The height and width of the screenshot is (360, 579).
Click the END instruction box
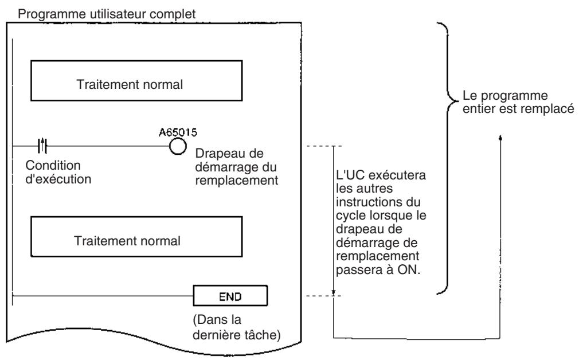click(230, 295)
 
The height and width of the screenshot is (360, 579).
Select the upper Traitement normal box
click(136, 80)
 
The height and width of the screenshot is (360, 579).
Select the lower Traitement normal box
click(136, 237)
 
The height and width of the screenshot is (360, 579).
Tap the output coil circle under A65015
click(178, 146)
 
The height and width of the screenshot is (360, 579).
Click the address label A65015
click(178, 132)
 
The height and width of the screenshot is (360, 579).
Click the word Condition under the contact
click(53, 165)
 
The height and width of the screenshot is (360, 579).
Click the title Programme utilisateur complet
click(107, 14)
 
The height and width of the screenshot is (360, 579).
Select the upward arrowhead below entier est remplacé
click(500, 138)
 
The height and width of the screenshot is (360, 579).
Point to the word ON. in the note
click(409, 269)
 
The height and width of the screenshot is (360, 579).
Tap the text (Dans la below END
click(217, 319)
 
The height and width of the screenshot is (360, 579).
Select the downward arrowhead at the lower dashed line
click(334, 293)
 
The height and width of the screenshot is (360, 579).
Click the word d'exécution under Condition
click(58, 179)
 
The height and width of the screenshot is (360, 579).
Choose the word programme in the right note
click(514, 96)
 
